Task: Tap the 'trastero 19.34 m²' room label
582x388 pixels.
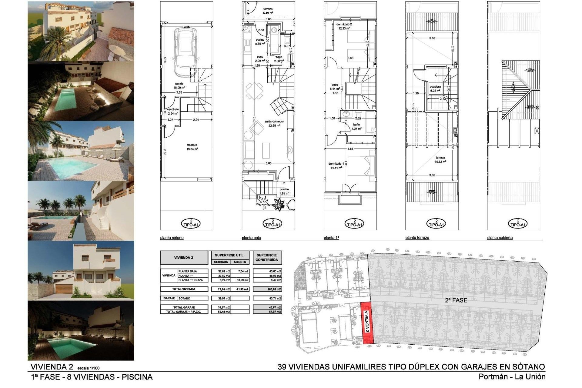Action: (x=192, y=147)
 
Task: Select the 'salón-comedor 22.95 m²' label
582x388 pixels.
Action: (x=274, y=123)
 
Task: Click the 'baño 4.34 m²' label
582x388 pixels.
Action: (x=356, y=126)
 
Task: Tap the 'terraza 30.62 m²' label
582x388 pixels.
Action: (x=440, y=160)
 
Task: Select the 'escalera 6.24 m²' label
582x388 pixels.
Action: (x=435, y=89)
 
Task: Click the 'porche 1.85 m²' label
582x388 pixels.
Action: (x=284, y=191)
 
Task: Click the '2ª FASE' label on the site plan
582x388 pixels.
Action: (x=456, y=300)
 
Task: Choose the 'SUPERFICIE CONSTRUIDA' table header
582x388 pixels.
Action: (x=267, y=258)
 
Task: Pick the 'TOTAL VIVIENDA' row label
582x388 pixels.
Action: (x=184, y=289)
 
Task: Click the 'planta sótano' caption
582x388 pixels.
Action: (x=172, y=238)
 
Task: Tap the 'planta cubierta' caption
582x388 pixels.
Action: (x=500, y=238)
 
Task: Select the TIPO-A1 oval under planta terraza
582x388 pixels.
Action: (x=436, y=223)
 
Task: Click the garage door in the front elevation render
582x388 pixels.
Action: (x=63, y=288)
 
